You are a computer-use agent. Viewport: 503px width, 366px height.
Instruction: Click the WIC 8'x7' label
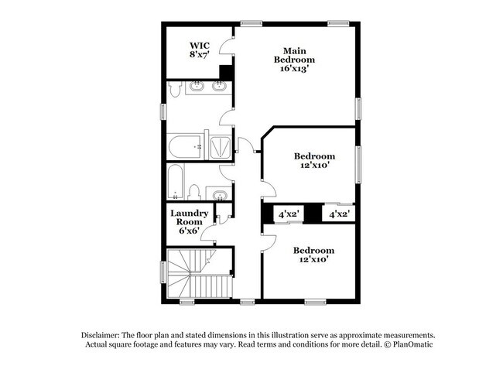[x=200, y=50]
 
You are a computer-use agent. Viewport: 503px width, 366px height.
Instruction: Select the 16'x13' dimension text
[x=297, y=69]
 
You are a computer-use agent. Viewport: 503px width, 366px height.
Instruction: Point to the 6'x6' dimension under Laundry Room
[x=190, y=231]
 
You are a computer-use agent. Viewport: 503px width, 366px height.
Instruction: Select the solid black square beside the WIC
[x=226, y=74]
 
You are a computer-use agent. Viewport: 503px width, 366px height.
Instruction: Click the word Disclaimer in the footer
[x=104, y=334]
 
